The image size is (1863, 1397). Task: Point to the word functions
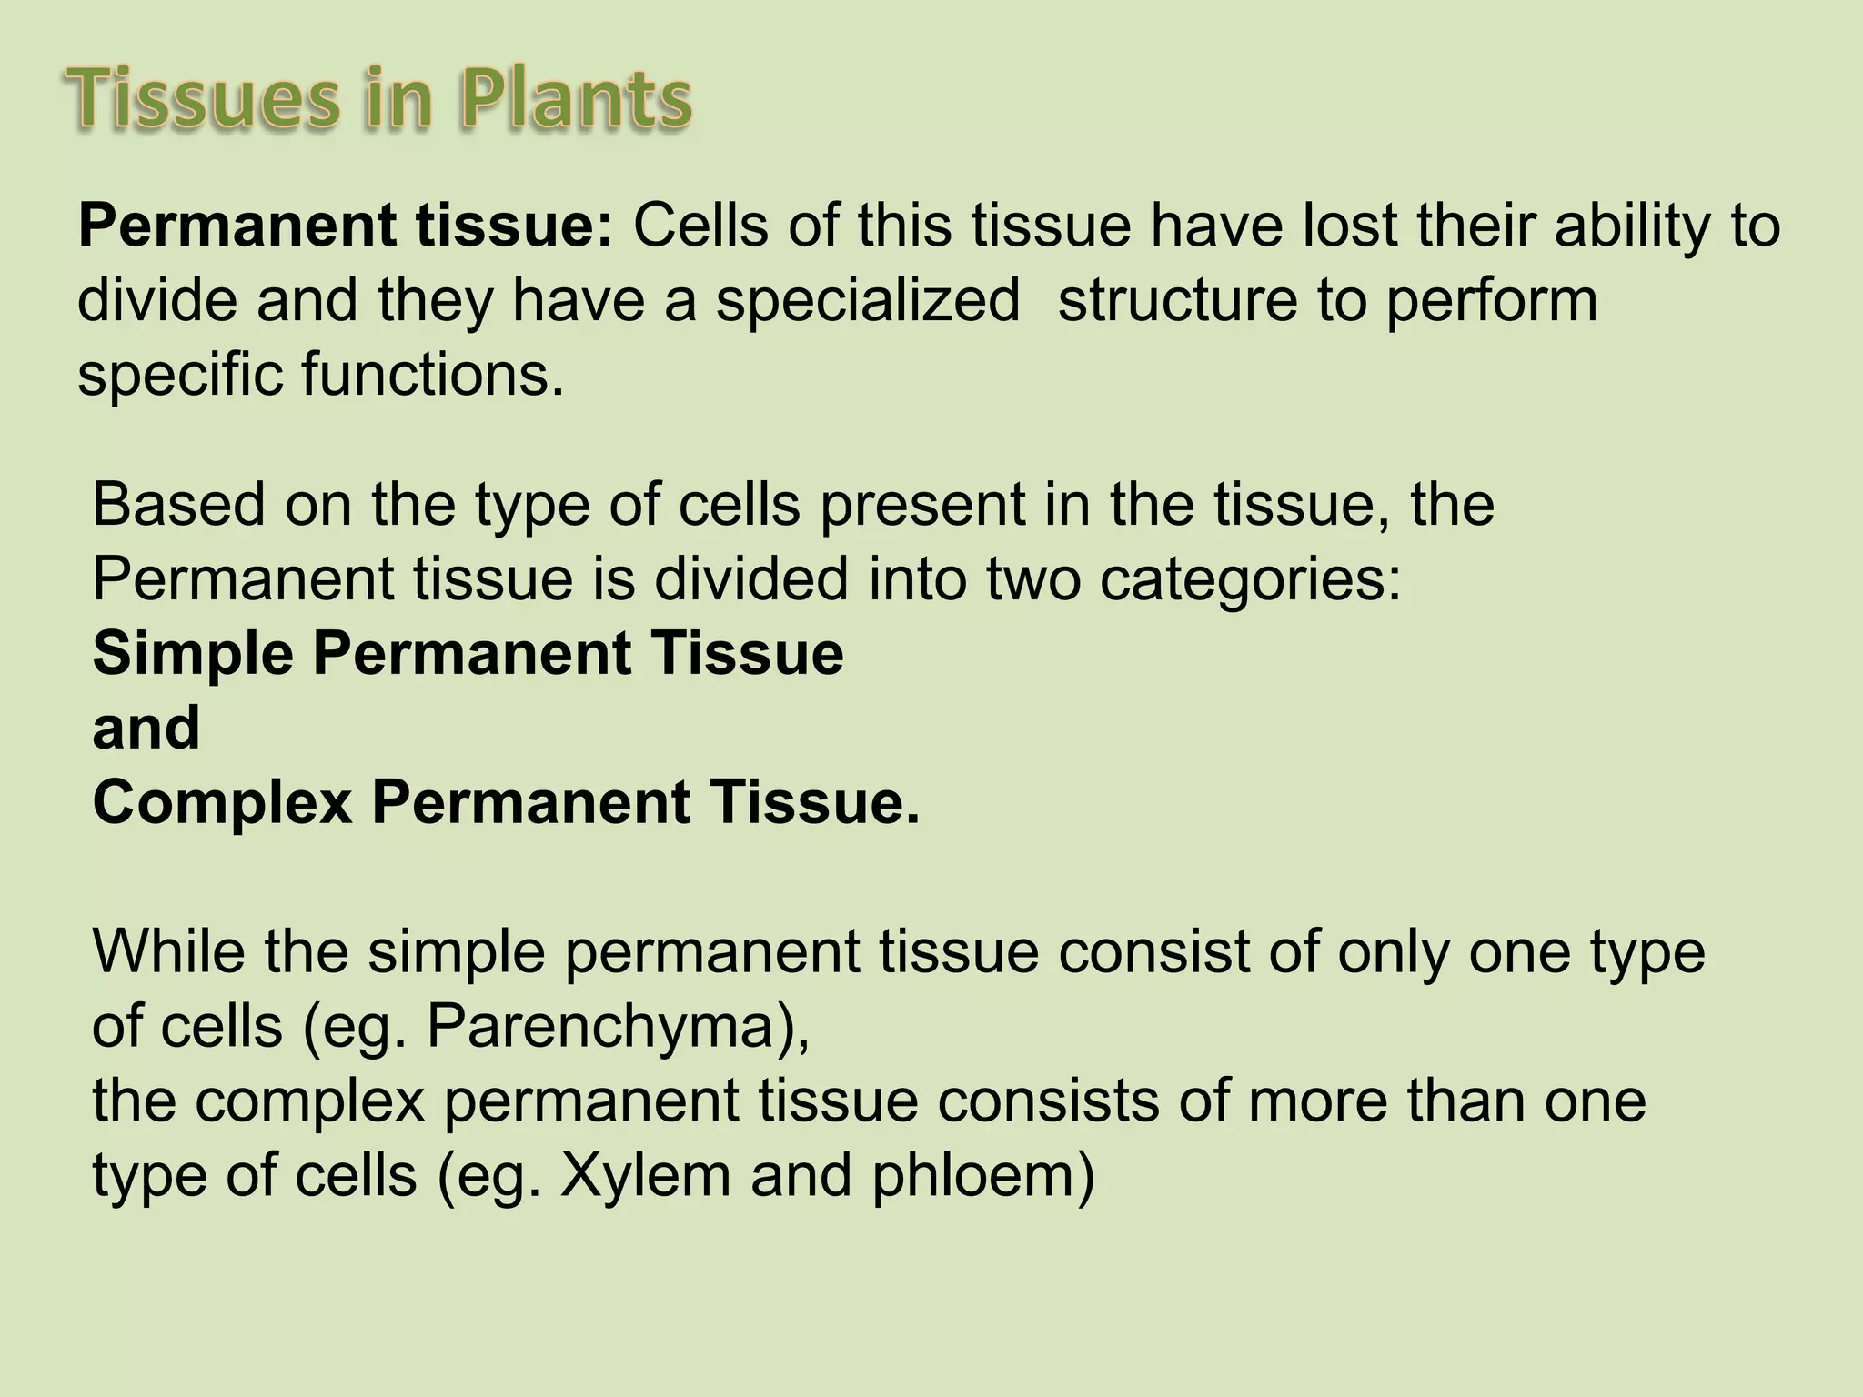point(432,375)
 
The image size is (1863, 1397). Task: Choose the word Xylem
point(645,1176)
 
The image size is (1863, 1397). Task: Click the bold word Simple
point(193,655)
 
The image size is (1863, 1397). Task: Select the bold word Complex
point(222,804)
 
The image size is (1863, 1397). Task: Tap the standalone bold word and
point(146,729)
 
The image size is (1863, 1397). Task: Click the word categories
point(1250,580)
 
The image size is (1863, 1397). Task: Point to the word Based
point(178,505)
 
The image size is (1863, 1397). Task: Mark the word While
point(168,952)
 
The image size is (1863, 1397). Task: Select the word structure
point(1177,301)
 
